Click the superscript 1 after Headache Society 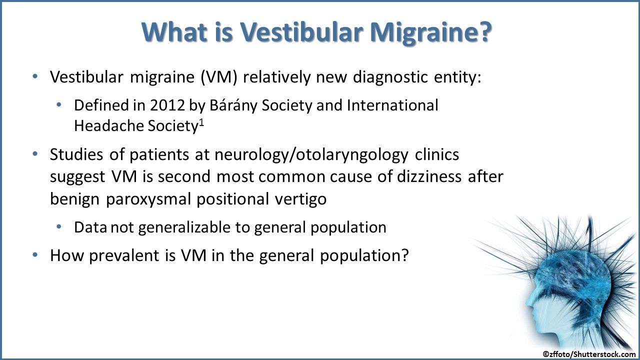(202, 121)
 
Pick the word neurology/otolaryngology (311, 155)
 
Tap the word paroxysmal (149, 198)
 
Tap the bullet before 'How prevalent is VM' (34, 255)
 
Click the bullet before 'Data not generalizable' (59, 227)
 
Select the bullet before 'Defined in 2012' (59, 105)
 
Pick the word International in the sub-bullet (392, 105)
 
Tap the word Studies (77, 155)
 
